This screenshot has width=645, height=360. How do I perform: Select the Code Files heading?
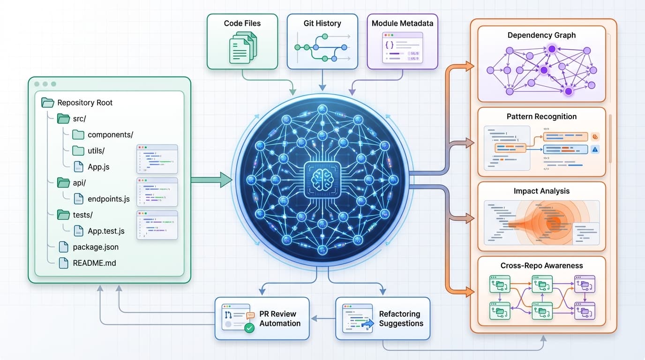[242, 23]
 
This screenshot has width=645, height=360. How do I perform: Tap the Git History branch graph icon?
[322, 48]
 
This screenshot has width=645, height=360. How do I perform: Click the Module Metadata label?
[402, 23]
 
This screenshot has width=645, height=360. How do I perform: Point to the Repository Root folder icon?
[48, 103]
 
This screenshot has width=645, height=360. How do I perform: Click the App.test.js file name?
[106, 231]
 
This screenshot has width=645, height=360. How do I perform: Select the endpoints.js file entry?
[109, 199]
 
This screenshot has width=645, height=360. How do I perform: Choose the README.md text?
[94, 263]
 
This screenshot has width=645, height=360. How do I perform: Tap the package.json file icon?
[64, 247]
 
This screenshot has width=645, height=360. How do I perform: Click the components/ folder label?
[111, 135]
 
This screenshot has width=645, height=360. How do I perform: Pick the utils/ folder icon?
[78, 150]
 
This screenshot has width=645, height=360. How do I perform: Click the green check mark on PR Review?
[249, 328]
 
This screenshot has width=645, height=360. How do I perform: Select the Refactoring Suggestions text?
[401, 319]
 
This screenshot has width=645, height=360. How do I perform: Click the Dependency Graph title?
[541, 35]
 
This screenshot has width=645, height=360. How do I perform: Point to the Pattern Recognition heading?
[541, 116]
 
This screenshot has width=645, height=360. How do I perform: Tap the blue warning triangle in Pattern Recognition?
[595, 150]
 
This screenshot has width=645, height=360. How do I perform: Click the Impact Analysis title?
[541, 191]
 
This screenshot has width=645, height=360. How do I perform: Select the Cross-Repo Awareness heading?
[541, 265]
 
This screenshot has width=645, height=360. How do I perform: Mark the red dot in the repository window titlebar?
[37, 84]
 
